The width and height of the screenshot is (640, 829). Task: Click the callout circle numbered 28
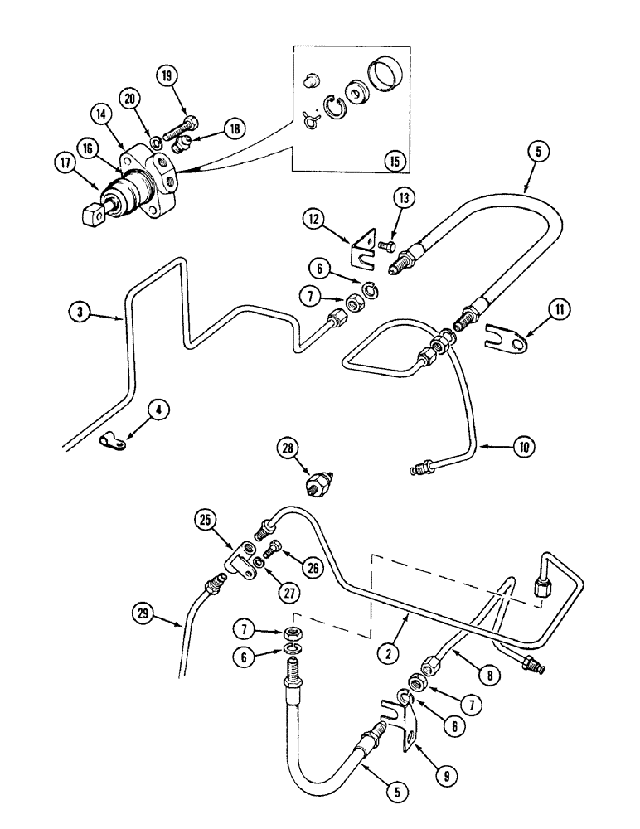pos(288,450)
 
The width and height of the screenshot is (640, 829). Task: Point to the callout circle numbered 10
pos(523,447)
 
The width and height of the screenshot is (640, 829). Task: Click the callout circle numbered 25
pos(207,521)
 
